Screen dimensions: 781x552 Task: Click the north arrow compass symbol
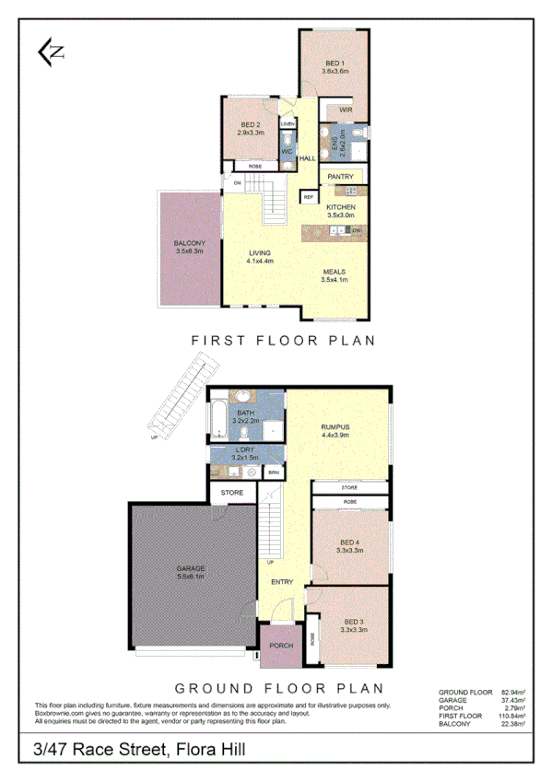pos(51,53)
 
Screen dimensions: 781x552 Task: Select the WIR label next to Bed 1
pos(346,111)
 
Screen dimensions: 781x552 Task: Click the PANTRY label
pos(342,175)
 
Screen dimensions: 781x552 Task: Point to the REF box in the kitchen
pos(308,196)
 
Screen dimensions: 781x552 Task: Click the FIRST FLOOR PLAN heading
pos(284,340)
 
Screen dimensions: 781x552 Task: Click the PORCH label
pos(281,646)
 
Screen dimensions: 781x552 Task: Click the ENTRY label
pos(281,582)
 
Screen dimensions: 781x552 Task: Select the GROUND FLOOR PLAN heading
pos(279,688)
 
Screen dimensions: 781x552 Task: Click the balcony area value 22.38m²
pos(512,725)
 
